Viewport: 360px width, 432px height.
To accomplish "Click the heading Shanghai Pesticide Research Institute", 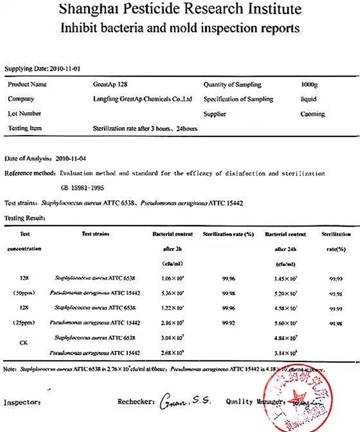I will coord(180,9).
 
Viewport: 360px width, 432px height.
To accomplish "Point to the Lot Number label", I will coord(24,114).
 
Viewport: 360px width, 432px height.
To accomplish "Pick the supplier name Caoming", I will coord(312,114).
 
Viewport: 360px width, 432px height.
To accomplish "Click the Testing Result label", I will coord(24,217).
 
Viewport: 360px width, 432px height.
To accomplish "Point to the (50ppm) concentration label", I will coord(24,292).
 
